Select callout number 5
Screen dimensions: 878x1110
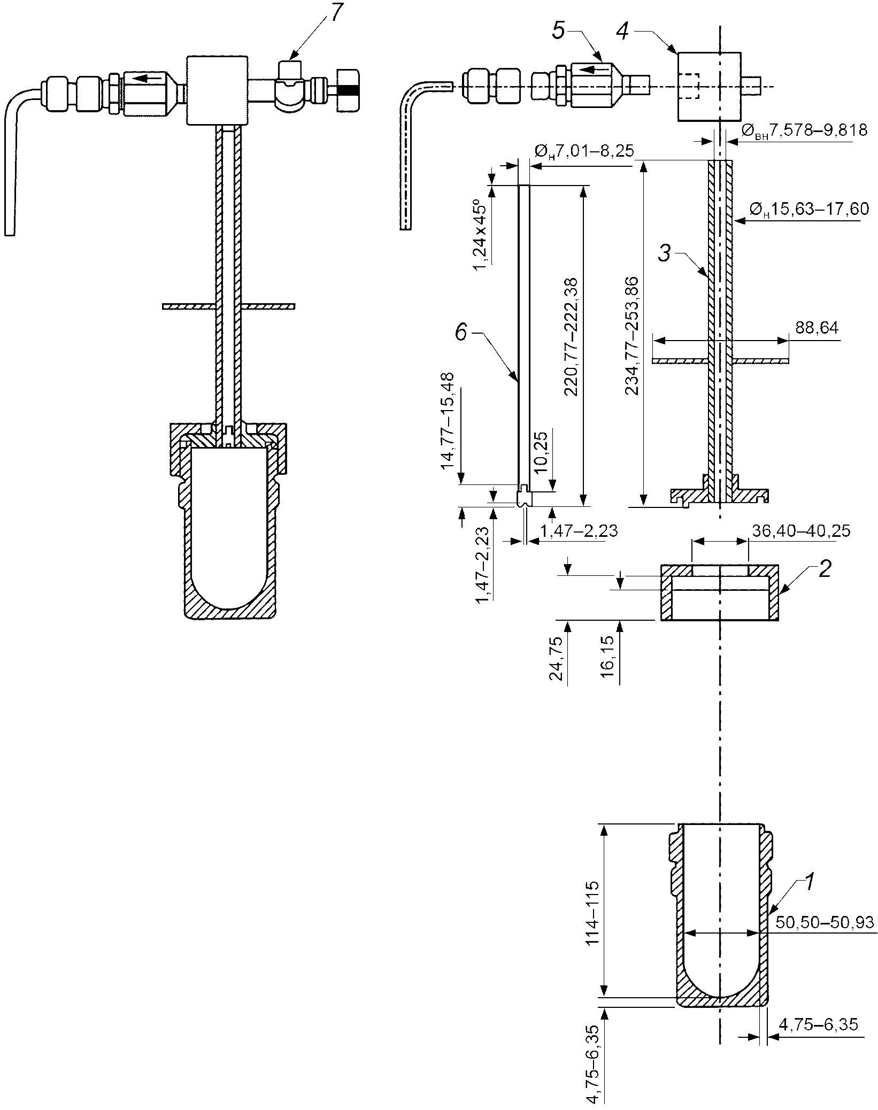pyautogui.click(x=558, y=32)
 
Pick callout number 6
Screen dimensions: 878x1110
pyautogui.click(x=460, y=333)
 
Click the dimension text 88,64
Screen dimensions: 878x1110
pyautogui.click(x=817, y=327)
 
